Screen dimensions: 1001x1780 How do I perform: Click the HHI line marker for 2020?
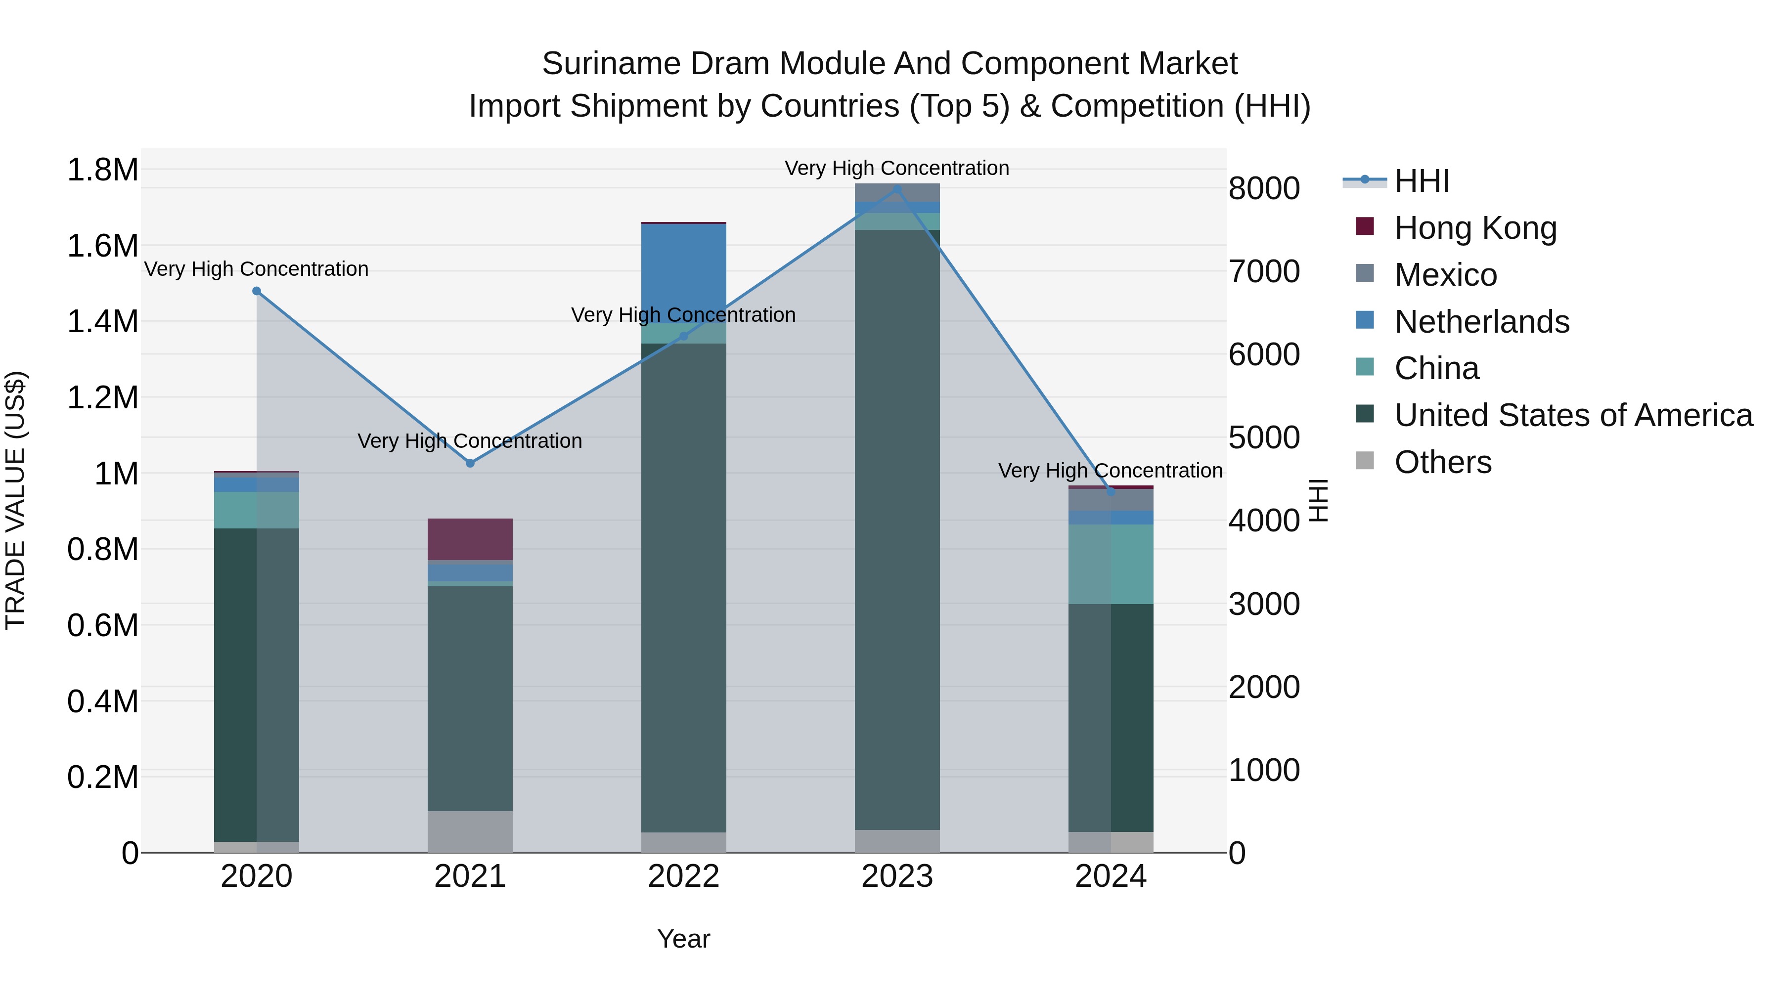[256, 291]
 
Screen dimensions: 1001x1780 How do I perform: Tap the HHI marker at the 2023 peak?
[897, 189]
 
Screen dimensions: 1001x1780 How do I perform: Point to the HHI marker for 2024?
[1111, 491]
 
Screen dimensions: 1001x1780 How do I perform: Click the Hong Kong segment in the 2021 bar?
[470, 539]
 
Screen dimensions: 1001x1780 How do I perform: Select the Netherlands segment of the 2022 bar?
[683, 273]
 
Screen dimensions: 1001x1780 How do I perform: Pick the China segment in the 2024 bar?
[1111, 564]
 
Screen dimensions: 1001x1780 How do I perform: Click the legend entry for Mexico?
[1446, 275]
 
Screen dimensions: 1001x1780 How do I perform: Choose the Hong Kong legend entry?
[1475, 228]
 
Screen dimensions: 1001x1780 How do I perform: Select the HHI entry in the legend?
[1422, 181]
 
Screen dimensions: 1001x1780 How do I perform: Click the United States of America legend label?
[1573, 415]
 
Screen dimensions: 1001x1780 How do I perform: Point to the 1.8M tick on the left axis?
[103, 170]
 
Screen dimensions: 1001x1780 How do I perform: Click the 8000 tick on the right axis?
[1264, 189]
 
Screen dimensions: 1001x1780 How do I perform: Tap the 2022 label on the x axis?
[683, 876]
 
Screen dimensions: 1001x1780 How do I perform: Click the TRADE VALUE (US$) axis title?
[16, 500]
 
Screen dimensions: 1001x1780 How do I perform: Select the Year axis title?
[683, 939]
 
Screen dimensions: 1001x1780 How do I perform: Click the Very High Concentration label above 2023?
[897, 168]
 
